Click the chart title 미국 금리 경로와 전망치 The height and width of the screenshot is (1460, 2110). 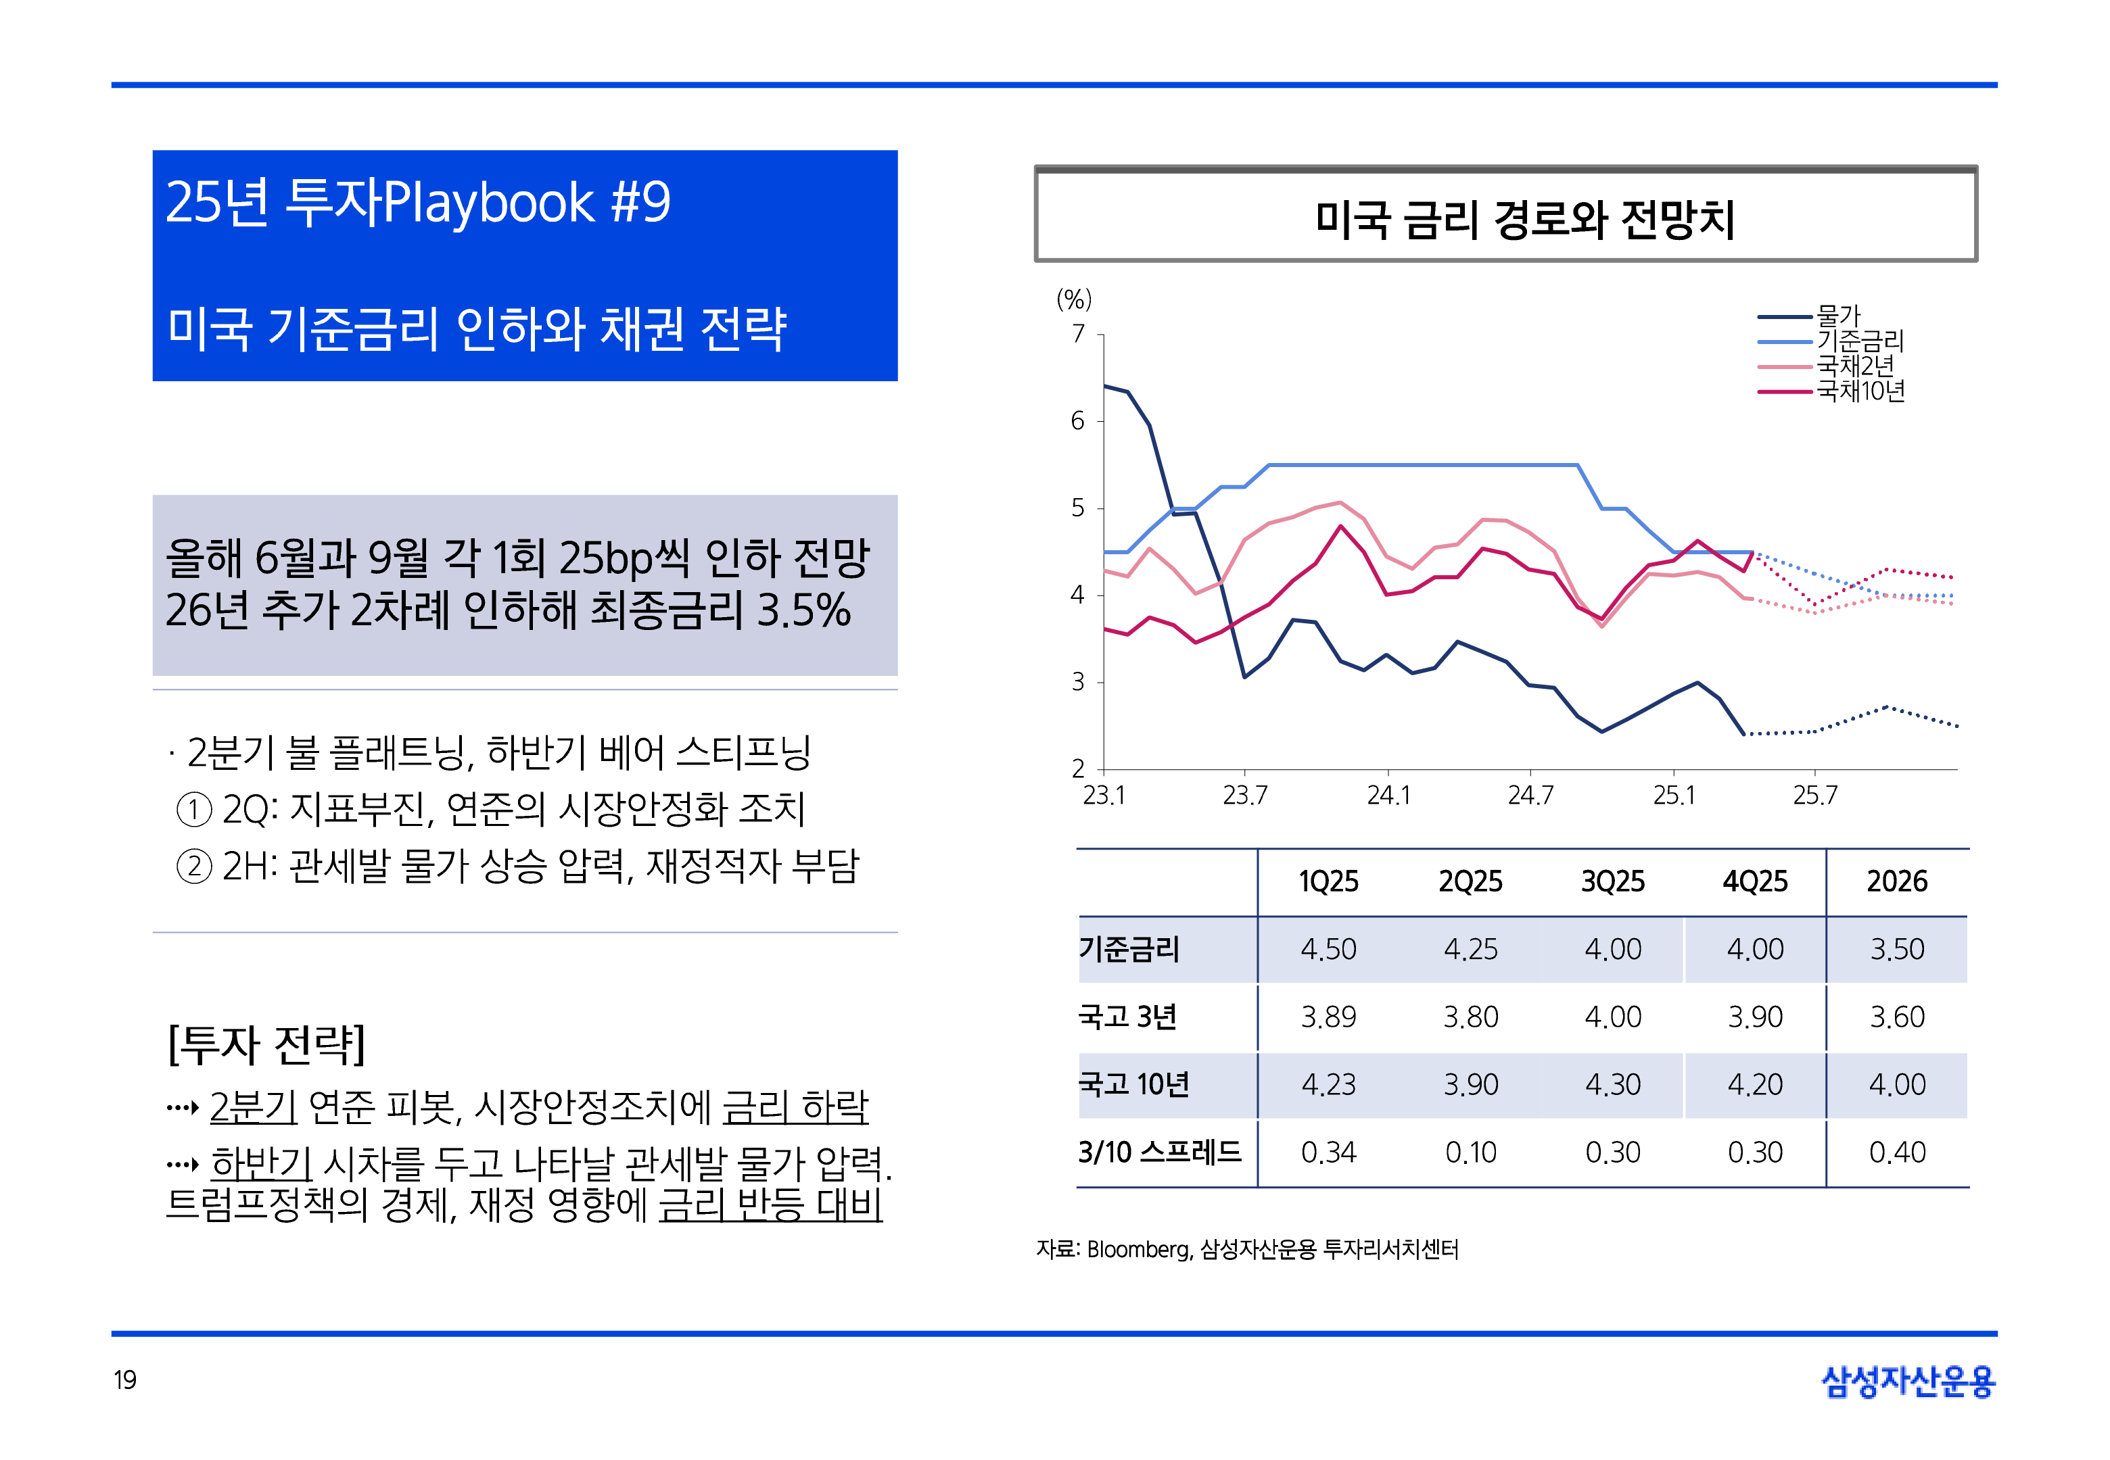coord(1524,220)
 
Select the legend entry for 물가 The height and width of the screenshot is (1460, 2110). coord(1837,316)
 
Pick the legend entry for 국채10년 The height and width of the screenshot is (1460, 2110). coord(1859,391)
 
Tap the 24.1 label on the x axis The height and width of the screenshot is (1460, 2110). coord(1388,795)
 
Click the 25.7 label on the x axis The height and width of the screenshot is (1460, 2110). coord(1814,795)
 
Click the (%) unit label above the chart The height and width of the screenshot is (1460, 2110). coord(1073,299)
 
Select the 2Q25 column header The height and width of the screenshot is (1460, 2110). coord(1470,881)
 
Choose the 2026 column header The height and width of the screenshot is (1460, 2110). coord(1897,881)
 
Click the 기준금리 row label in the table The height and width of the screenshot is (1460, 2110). coord(1129,948)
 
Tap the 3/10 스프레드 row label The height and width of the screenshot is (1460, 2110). coord(1159,1152)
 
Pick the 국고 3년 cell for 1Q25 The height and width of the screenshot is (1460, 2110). coord(1329,1017)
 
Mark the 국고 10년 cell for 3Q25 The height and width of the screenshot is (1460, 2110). coord(1613,1084)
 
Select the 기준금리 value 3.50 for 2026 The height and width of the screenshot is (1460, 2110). coord(1897,948)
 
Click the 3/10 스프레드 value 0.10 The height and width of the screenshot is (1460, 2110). coord(1470,1152)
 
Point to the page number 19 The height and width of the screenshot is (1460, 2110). coord(125,1380)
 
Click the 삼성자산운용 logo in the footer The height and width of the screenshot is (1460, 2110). coord(1908,1382)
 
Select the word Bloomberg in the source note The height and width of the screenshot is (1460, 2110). coord(1138,1250)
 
